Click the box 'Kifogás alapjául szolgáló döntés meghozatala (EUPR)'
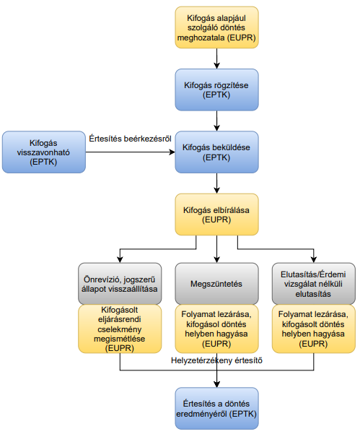pyautogui.click(x=216, y=27)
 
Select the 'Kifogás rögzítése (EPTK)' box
pyautogui.click(x=216, y=90)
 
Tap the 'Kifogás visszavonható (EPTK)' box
pyautogui.click(x=44, y=152)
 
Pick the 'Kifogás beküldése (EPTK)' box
pyautogui.click(x=216, y=152)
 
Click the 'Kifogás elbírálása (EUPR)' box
pyautogui.click(x=216, y=214)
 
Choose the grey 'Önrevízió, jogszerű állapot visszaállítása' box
pyautogui.click(x=120, y=284)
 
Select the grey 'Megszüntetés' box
pyautogui.click(x=216, y=284)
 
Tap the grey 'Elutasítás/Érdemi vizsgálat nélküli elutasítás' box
pyautogui.click(x=314, y=284)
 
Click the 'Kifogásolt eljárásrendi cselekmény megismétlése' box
pyautogui.click(x=120, y=329)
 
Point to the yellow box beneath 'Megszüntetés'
pyautogui.click(x=216, y=329)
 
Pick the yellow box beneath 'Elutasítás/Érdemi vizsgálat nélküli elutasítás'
pyautogui.click(x=314, y=329)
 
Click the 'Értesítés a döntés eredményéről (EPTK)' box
pyautogui.click(x=216, y=408)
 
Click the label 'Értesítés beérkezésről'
pyautogui.click(x=131, y=139)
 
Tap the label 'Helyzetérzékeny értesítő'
pyautogui.click(x=216, y=360)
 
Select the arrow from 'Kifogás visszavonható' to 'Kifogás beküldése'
pyautogui.click(x=131, y=152)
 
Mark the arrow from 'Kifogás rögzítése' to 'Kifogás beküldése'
pyautogui.click(x=216, y=121)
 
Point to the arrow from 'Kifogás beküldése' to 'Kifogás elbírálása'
pyautogui.click(x=216, y=183)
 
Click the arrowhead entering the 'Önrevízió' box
pyautogui.click(x=120, y=259)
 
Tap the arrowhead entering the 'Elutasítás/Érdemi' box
pyautogui.click(x=314, y=259)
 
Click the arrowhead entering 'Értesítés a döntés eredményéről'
pyautogui.click(x=216, y=384)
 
